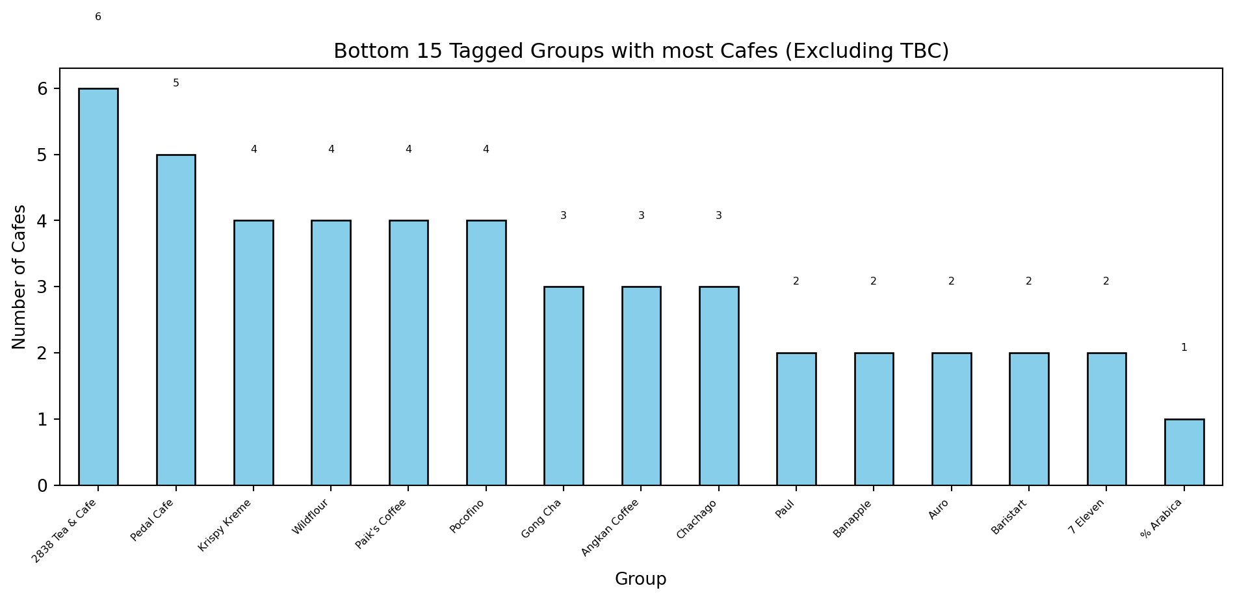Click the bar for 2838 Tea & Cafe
tap(98, 287)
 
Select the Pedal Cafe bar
tap(175, 320)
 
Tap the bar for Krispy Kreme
tap(253, 353)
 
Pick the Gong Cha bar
tap(564, 386)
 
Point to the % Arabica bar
tap(1184, 452)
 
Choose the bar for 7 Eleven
tap(1106, 419)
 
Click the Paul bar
tap(796, 419)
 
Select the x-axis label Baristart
tap(1009, 517)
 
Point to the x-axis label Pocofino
tap(468, 517)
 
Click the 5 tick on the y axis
tap(43, 155)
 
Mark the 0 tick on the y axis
tap(43, 485)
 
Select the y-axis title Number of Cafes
tap(19, 277)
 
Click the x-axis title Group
tap(640, 579)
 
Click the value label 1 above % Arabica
tap(1184, 348)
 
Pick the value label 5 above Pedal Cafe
tap(175, 83)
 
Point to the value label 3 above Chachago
tap(718, 216)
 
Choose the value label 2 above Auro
tap(951, 281)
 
